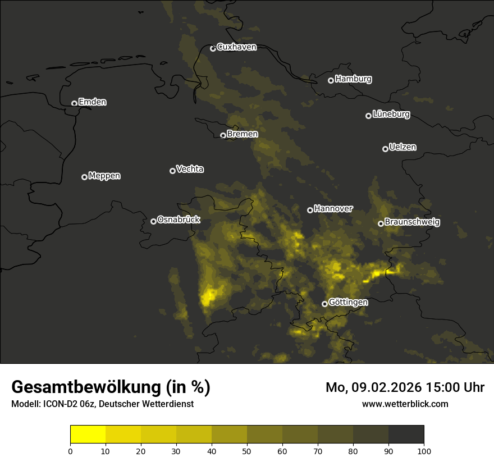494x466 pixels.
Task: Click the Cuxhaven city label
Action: [x=236, y=47]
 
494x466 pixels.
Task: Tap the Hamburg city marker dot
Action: [x=331, y=80]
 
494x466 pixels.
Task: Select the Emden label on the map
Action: [x=92, y=102]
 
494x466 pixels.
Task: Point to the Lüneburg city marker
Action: [x=368, y=116]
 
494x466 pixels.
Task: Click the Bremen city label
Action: [x=243, y=134]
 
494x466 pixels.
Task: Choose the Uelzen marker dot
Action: [x=385, y=149]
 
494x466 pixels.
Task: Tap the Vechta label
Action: [x=190, y=169]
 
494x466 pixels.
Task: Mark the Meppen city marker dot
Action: [x=84, y=177]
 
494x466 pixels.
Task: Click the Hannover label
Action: [x=333, y=209]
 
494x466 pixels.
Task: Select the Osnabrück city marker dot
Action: [x=153, y=221]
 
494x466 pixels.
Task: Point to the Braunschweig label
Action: [x=412, y=222]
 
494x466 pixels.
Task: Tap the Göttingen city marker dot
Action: [x=324, y=304]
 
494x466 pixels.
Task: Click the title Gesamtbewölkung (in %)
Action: [x=111, y=387]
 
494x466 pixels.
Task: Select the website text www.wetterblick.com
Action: [x=405, y=404]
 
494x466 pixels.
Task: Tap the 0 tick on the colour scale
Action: [x=70, y=450]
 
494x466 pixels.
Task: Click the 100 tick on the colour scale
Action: [x=424, y=450]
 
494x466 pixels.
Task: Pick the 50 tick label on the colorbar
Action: [x=247, y=450]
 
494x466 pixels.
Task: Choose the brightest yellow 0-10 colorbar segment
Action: [x=88, y=435]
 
